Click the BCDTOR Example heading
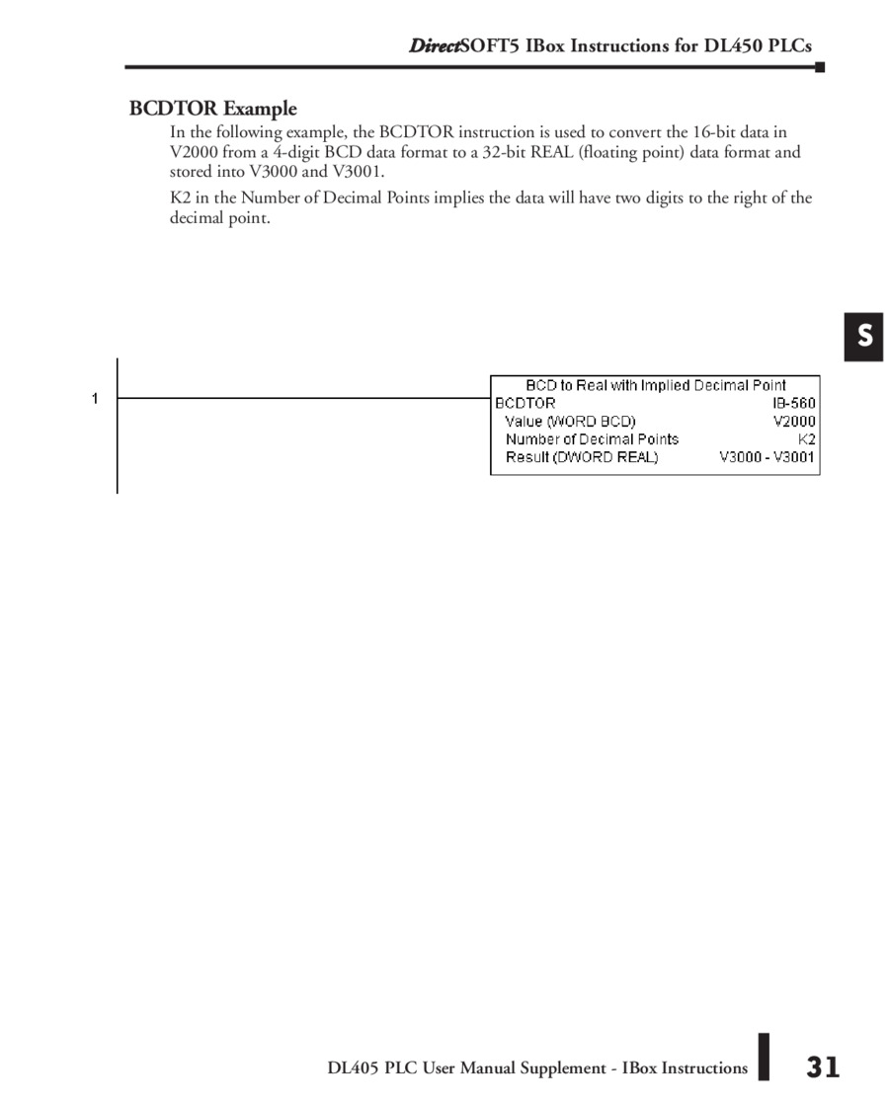coord(212,109)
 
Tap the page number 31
coord(823,1066)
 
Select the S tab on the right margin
coord(864,336)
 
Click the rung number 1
coord(95,399)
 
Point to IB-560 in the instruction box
coord(794,403)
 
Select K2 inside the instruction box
coord(807,438)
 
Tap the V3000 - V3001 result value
coord(768,457)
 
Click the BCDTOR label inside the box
coord(525,403)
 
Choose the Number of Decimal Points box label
coord(592,438)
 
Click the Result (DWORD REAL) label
coord(581,457)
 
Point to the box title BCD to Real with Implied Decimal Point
coord(655,385)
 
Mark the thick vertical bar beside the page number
coord(764,1057)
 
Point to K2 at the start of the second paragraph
coord(180,197)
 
